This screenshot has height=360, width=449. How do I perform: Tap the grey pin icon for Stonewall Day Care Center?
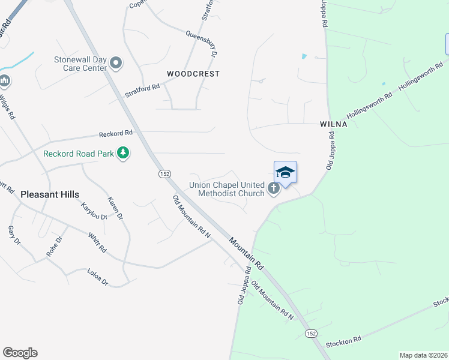[x=116, y=63]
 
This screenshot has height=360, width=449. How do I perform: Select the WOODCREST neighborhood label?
[x=193, y=74]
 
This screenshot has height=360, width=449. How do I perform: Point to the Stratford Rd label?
[x=142, y=91]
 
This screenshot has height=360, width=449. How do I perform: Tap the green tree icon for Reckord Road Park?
[x=123, y=154]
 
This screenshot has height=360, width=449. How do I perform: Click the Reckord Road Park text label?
[x=79, y=154]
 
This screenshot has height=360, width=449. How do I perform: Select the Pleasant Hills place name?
[x=50, y=194]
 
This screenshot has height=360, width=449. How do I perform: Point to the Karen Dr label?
[x=115, y=208]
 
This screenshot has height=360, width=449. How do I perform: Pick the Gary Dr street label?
[x=14, y=235]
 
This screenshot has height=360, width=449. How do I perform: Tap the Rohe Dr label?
[x=55, y=247]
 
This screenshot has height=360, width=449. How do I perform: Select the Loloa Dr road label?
[x=97, y=277]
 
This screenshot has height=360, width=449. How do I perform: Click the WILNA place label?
[x=333, y=124]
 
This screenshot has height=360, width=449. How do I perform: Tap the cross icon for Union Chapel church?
[x=274, y=190]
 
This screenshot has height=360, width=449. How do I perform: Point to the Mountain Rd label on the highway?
[x=247, y=252]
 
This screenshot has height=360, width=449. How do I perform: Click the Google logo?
[x=20, y=353]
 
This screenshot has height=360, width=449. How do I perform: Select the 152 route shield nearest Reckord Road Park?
[x=165, y=173]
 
